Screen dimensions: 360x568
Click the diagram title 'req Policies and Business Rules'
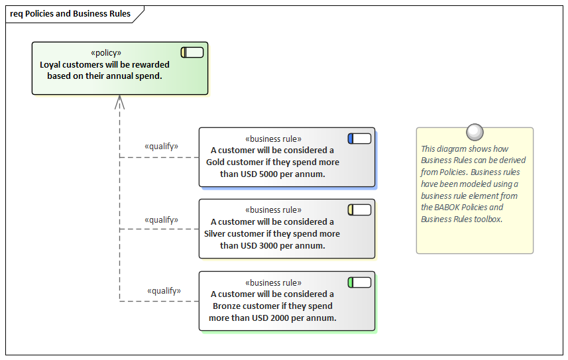tap(70, 14)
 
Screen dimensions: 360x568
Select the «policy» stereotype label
tap(106, 53)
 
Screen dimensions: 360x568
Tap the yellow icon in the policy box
tap(192, 52)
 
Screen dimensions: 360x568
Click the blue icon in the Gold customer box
tap(359, 139)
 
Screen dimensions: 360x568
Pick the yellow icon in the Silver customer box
tap(359, 210)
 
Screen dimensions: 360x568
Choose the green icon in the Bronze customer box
tap(359, 282)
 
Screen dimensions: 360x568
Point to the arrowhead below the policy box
tap(119, 101)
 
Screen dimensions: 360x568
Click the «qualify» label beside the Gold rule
tap(161, 147)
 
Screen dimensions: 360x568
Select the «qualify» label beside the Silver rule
tap(161, 219)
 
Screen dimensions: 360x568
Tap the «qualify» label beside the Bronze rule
tap(164, 290)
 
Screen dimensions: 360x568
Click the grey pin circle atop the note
tap(475, 132)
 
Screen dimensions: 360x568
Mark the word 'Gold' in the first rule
tap(217, 162)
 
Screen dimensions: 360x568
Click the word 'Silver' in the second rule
tap(217, 234)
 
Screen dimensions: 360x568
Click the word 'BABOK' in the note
tap(449, 208)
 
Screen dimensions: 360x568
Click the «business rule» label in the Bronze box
tap(273, 282)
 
